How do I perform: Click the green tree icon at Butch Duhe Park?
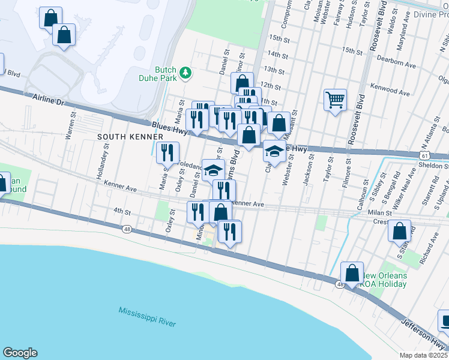point(186,73)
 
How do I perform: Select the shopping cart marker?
point(335,99)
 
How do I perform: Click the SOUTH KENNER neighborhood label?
point(122,137)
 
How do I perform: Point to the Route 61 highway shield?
point(424,154)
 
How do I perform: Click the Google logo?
point(20,353)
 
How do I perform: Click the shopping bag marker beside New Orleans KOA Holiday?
point(352,273)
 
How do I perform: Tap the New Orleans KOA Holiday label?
point(384,280)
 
